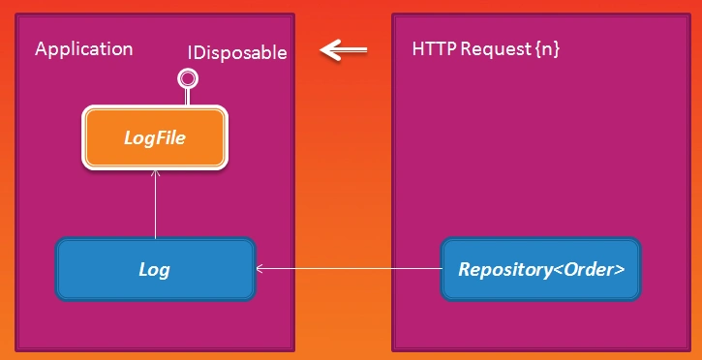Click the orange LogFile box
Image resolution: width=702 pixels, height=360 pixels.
tap(155, 138)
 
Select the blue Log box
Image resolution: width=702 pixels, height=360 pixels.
tap(155, 270)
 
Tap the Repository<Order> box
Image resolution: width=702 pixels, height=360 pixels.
tap(540, 270)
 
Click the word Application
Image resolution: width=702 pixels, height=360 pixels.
tap(84, 49)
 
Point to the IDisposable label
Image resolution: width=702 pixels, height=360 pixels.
tap(237, 53)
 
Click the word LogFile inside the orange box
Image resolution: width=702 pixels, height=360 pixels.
tap(155, 138)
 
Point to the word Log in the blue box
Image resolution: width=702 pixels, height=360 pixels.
tap(155, 270)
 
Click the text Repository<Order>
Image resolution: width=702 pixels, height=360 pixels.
tap(540, 270)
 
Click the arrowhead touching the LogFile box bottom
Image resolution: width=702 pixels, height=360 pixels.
tap(155, 174)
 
